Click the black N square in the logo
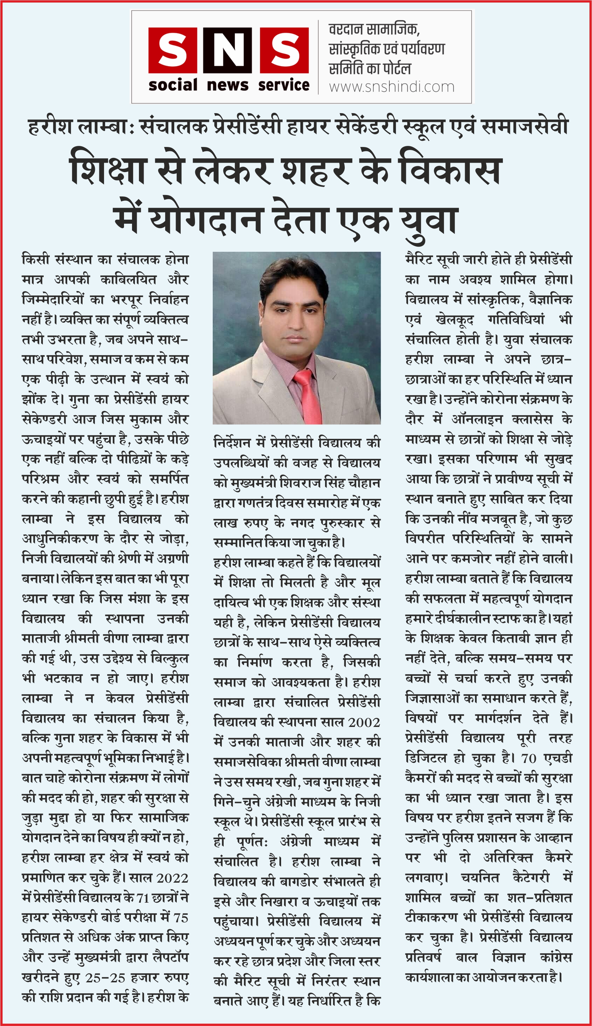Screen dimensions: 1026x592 point(228,50)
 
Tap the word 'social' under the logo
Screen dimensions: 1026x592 point(173,85)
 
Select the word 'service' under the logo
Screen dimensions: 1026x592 point(284,85)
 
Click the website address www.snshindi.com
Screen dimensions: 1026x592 point(392,87)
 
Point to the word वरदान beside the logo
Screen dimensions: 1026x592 point(347,29)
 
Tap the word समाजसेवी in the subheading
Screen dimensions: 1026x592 point(524,127)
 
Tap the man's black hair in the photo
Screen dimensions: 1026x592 point(293,277)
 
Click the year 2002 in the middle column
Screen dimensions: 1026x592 point(364,723)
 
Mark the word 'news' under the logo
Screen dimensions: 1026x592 point(228,85)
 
